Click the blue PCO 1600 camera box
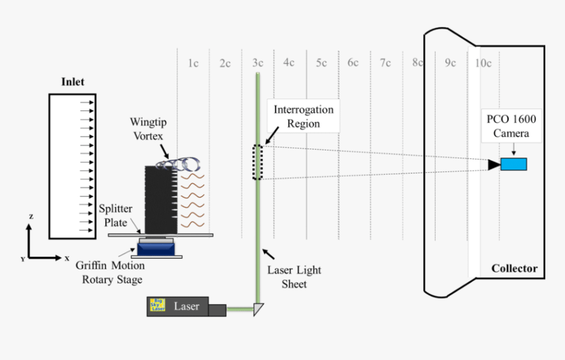pyautogui.click(x=514, y=164)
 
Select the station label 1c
pyautogui.click(x=193, y=63)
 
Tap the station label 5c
pyautogui.click(x=321, y=63)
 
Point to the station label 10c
pyautogui.click(x=483, y=63)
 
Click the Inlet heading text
pyautogui.click(x=73, y=82)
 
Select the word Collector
pyautogui.click(x=514, y=268)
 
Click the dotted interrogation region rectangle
pyautogui.click(x=258, y=162)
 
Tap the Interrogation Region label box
pyautogui.click(x=304, y=117)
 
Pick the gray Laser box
pyautogui.click(x=186, y=306)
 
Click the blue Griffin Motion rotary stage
pyautogui.click(x=155, y=248)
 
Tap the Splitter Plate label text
pyautogui.click(x=115, y=215)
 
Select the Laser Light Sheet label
pyautogui.click(x=294, y=277)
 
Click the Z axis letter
pyautogui.click(x=31, y=216)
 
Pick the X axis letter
pyautogui.click(x=66, y=258)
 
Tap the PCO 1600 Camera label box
pyautogui.click(x=511, y=126)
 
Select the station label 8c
pyautogui.click(x=418, y=63)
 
